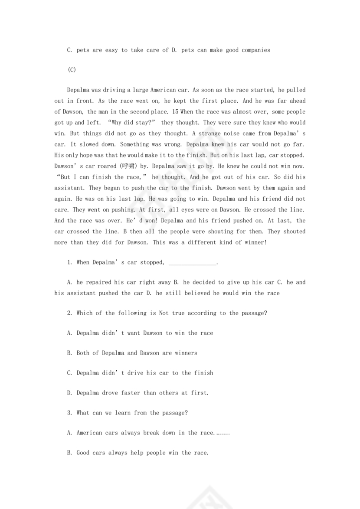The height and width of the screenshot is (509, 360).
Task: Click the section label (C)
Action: point(72,70)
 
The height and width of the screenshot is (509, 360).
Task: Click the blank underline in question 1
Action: point(191,263)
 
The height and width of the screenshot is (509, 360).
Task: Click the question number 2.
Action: point(69,313)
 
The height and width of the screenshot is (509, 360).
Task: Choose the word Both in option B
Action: point(83,353)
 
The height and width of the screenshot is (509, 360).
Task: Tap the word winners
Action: point(186,353)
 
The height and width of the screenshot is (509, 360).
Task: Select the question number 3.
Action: point(69,413)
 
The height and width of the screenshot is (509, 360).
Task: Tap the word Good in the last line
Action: point(83,453)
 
